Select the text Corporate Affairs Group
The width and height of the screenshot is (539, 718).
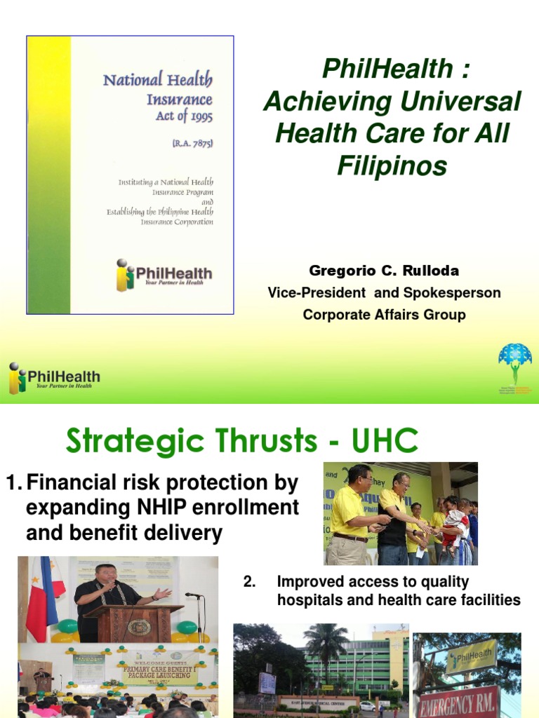(x=384, y=315)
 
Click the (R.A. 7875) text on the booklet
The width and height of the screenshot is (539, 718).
(x=192, y=143)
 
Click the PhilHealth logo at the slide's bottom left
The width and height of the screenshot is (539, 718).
(x=54, y=378)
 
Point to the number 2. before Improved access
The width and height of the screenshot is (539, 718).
(x=248, y=582)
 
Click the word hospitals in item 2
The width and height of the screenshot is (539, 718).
(x=306, y=600)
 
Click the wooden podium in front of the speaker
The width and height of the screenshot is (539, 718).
(x=133, y=621)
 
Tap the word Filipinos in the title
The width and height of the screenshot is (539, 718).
(x=392, y=166)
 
